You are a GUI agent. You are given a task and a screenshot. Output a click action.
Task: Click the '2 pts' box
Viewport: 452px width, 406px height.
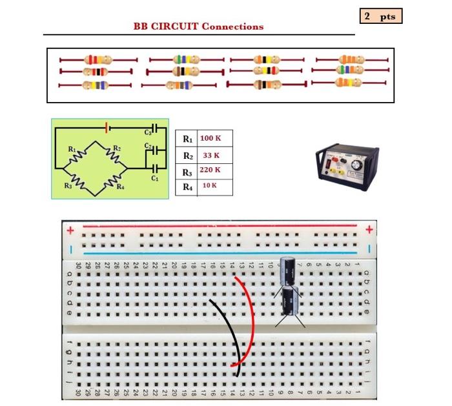click(x=380, y=16)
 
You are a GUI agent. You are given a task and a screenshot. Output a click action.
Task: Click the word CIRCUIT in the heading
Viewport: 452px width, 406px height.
click(x=174, y=26)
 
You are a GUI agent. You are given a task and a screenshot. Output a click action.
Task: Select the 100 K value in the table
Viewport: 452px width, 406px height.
click(x=211, y=138)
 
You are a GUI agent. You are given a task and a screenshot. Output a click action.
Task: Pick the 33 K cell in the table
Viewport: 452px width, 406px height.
click(x=211, y=156)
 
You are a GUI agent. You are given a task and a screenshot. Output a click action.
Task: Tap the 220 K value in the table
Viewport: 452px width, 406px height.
click(x=211, y=170)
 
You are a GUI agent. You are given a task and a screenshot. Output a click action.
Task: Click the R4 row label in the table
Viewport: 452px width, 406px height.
click(x=187, y=187)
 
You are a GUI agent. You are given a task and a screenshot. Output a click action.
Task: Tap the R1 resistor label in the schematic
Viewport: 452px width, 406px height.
click(x=72, y=149)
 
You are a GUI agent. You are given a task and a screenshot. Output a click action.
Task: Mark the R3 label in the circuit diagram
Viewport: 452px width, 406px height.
click(x=68, y=186)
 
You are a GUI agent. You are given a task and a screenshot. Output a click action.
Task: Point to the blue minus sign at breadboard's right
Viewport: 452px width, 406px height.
click(x=369, y=249)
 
